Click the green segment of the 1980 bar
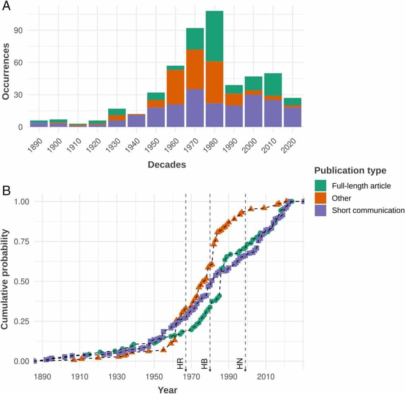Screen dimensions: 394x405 point(214,36)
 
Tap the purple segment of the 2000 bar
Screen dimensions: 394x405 point(253,111)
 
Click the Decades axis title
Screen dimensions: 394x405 point(167,165)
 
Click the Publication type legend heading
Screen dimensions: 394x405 point(350,170)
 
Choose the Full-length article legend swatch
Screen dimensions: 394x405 point(320,186)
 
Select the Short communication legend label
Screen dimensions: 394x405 point(368,210)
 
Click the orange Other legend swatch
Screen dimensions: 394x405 point(320,198)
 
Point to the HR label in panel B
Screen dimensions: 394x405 point(180,364)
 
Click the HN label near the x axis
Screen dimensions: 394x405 point(240,364)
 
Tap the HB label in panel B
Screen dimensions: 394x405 point(205,364)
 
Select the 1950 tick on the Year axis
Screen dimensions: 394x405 point(154,376)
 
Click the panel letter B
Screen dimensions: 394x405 point(6,191)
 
